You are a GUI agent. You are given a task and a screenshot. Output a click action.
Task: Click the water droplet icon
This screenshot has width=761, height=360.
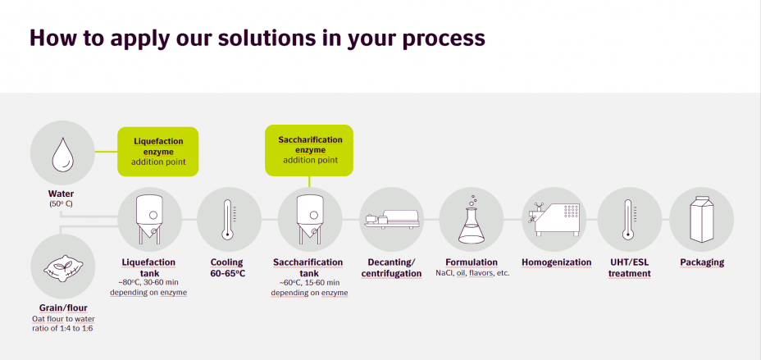click(x=63, y=154)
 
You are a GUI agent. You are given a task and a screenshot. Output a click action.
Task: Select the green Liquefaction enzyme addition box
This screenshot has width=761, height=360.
click(x=158, y=152)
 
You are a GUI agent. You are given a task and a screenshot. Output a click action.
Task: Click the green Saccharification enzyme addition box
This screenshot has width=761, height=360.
click(x=309, y=150)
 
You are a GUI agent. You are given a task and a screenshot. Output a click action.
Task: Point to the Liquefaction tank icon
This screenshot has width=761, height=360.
click(x=150, y=219)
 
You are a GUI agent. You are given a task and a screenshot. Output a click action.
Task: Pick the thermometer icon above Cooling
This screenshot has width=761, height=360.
click(x=227, y=219)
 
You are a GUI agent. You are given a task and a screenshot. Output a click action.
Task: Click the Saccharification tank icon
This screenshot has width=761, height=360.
click(x=310, y=219)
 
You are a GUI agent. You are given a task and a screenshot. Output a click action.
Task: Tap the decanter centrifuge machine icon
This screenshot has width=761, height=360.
click(x=391, y=218)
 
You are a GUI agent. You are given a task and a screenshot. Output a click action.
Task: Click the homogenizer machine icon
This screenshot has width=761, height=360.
click(x=554, y=219)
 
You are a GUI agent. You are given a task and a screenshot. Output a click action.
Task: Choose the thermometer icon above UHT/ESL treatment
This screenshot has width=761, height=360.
click(x=628, y=219)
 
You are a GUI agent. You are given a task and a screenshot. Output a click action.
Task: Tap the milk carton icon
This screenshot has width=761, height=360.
click(x=702, y=219)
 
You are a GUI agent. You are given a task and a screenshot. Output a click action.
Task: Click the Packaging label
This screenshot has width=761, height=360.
click(x=702, y=262)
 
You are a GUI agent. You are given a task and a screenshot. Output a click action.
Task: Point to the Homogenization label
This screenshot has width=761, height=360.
click(x=557, y=262)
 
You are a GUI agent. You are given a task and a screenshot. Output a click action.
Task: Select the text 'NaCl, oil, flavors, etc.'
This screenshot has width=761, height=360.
click(x=472, y=273)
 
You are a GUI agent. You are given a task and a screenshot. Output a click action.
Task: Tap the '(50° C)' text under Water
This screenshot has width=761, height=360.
click(x=62, y=203)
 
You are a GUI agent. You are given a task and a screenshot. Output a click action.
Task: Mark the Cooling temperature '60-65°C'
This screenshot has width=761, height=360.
click(x=228, y=274)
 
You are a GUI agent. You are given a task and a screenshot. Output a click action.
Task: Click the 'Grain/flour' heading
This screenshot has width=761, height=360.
click(x=63, y=308)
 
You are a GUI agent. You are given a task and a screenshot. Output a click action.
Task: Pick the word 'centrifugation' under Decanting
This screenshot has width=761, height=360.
click(x=391, y=274)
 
